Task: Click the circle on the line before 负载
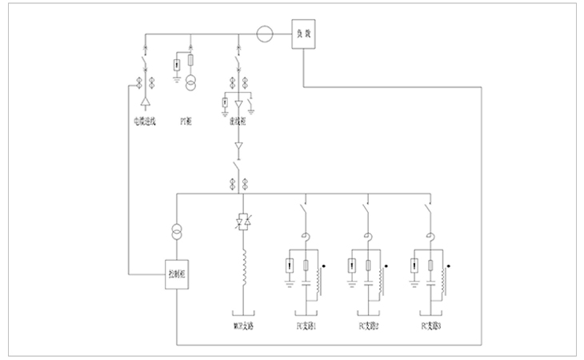[265, 35]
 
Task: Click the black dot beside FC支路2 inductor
[386, 263]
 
